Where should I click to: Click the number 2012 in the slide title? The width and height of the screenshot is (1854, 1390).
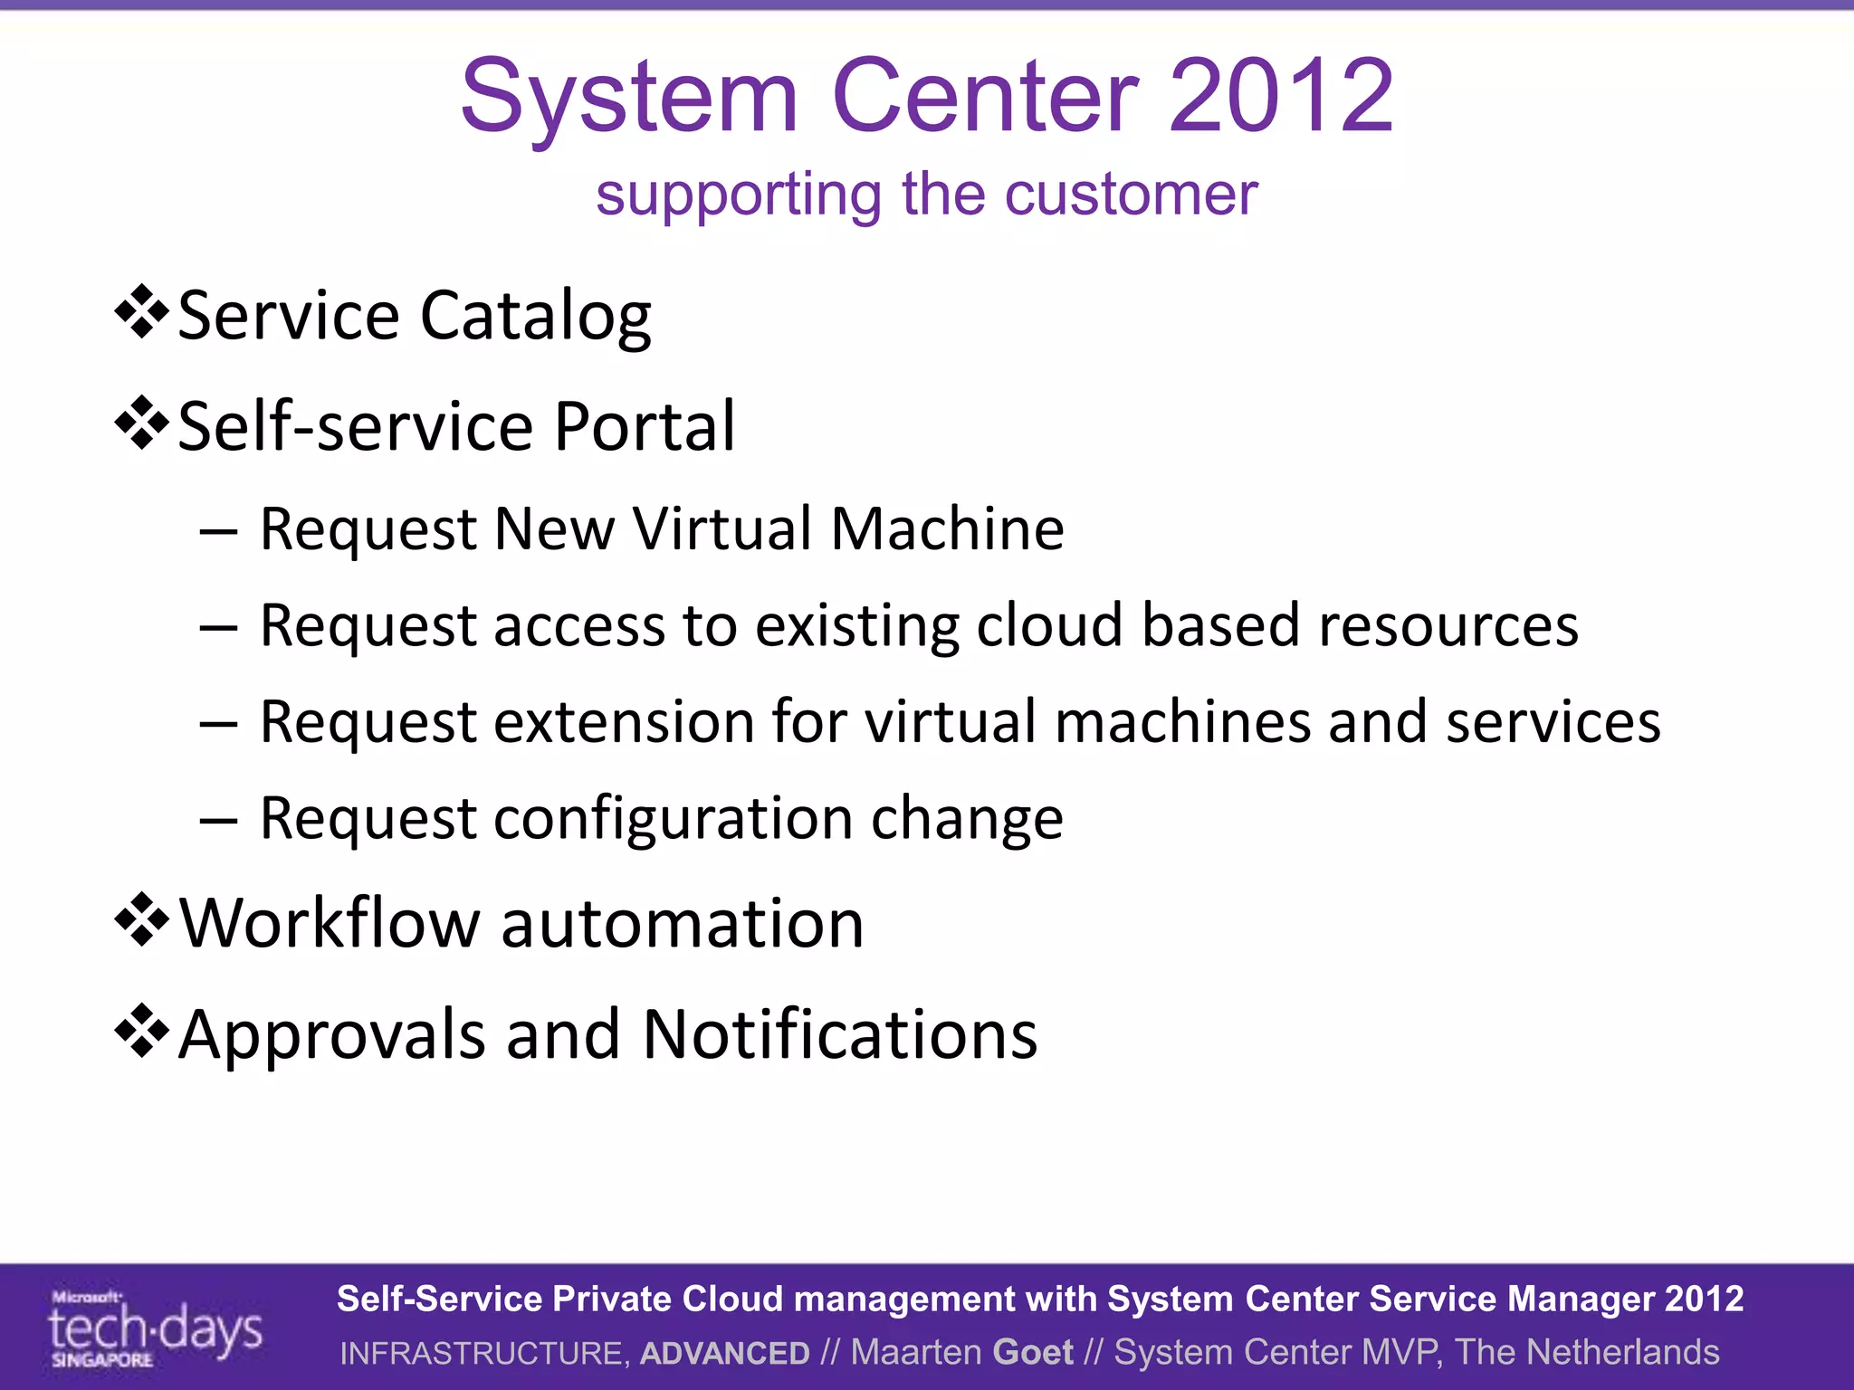[x=1281, y=97]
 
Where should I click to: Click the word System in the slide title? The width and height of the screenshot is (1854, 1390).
[x=629, y=97]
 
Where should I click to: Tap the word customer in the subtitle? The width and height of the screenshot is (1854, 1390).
[x=1131, y=195]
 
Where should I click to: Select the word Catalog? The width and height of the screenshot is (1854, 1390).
[x=535, y=318]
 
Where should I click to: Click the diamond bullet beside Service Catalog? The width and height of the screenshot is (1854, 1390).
[x=142, y=312]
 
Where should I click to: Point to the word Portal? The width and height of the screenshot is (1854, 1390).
[x=645, y=426]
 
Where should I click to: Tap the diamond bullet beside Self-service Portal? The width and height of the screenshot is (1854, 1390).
[x=142, y=423]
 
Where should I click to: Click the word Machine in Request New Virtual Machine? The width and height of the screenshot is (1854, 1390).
[x=947, y=528]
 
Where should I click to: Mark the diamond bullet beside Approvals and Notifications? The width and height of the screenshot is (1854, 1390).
[x=142, y=1031]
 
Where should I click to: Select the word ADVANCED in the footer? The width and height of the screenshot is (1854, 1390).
[x=725, y=1353]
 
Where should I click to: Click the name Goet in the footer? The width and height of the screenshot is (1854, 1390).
[x=1033, y=1353]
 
